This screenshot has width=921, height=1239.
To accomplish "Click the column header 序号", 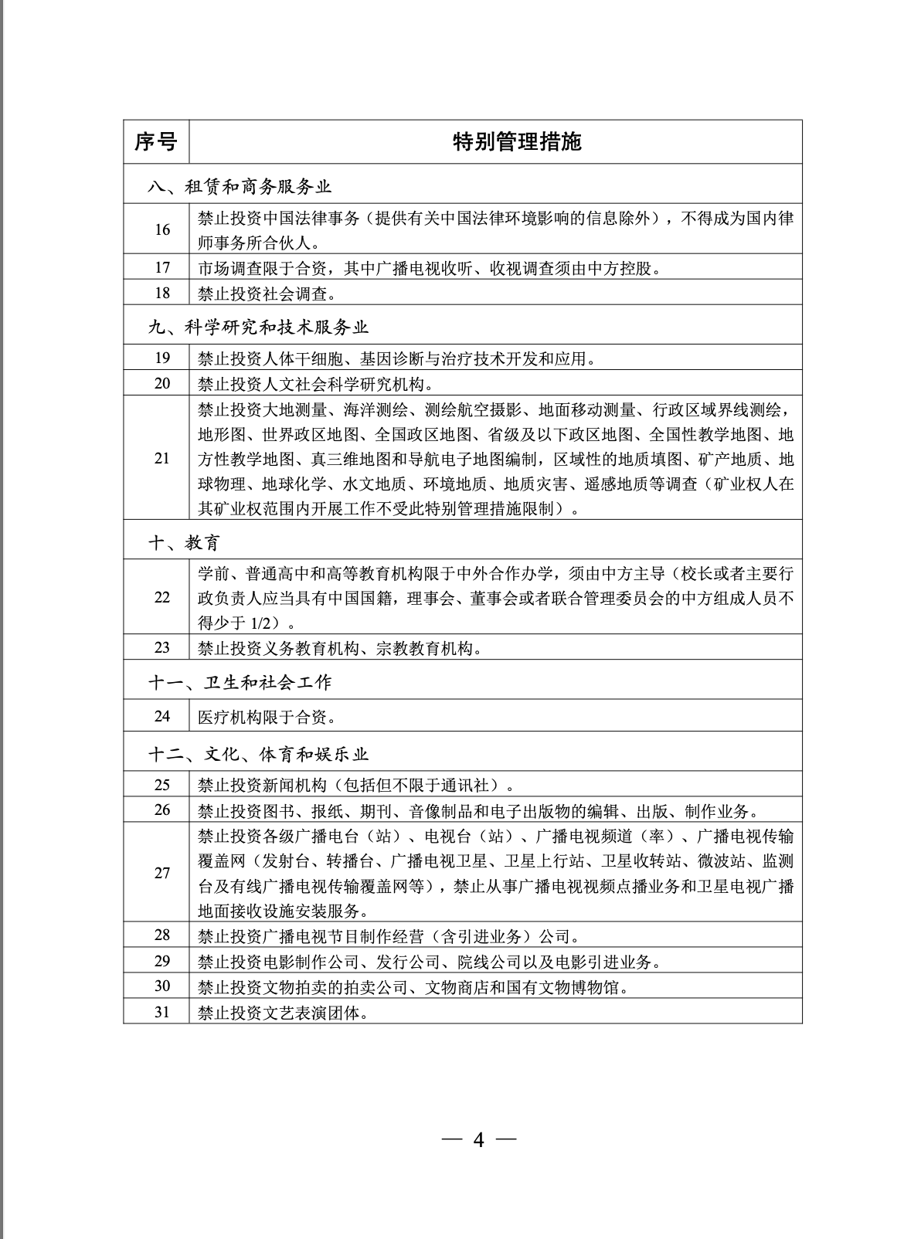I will pos(155,142).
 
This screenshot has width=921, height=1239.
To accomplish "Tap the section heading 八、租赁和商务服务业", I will pos(240,186).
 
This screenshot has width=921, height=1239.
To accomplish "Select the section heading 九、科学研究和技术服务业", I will pos(259,327).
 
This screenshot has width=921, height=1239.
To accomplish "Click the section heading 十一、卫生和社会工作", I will pos(240,682).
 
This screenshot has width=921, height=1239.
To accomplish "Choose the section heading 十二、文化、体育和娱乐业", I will pos(259,753).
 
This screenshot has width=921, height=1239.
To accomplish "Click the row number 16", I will pos(161,229).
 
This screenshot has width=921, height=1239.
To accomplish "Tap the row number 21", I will pos(161,458).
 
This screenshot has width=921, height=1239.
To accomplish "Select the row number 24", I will pos(161,716).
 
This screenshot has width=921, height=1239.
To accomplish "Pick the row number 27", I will pos(161,873).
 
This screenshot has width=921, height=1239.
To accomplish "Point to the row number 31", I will pos(161,1011).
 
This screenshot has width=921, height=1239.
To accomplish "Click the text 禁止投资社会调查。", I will pos(267,294).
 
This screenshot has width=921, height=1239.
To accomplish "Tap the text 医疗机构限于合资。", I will pos(267,717).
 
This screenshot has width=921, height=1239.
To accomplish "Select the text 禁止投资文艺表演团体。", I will pos(283,1012).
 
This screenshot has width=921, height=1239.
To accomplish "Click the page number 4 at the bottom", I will pos(478,1139).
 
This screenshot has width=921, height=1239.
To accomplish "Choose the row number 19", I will pos(161,358).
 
